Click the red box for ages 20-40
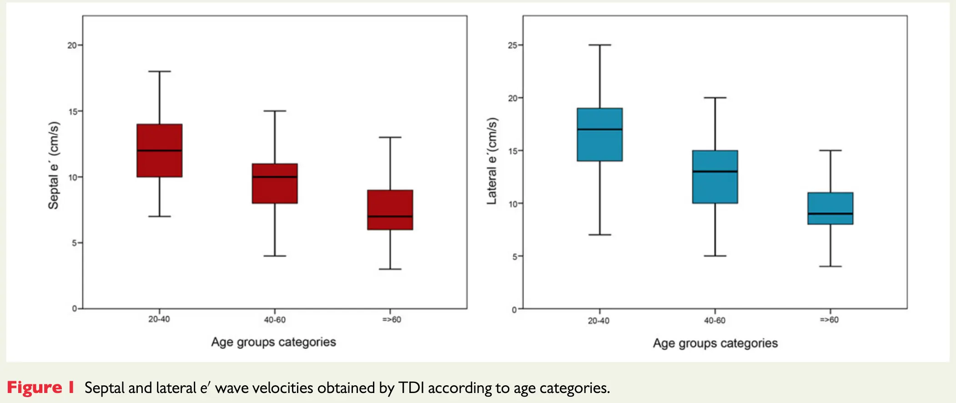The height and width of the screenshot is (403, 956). tap(160, 136)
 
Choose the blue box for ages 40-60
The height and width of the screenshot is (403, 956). tap(715, 186)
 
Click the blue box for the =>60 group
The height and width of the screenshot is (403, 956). tap(830, 202)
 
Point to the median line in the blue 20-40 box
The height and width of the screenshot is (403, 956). tap(599, 130)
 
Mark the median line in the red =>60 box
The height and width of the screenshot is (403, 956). tap(390, 216)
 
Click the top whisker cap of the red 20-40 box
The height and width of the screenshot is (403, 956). tap(160, 71)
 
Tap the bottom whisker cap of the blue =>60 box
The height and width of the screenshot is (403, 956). tap(830, 266)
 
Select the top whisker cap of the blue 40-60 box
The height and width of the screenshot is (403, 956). tap(715, 98)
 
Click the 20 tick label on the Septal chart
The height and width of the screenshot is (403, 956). tap(72, 45)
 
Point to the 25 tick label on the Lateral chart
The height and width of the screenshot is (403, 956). tap(513, 45)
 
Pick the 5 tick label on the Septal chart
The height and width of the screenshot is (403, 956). tap(74, 243)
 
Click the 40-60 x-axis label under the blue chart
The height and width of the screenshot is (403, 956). tap(714, 321)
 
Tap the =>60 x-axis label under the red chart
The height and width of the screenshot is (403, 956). tap(392, 320)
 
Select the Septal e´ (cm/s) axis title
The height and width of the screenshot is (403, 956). tap(54, 165)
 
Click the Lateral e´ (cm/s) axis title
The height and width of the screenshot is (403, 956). tap(492, 161)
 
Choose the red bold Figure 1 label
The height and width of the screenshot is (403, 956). tap(40, 388)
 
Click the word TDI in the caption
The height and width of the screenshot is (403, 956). tap(411, 388)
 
